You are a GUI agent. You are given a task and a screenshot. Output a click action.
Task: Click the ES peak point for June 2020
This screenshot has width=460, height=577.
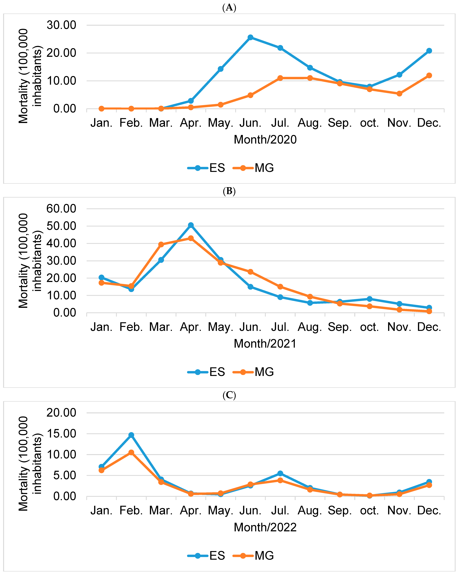point(250,37)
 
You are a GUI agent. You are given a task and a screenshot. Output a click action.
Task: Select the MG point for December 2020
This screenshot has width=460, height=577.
point(429,75)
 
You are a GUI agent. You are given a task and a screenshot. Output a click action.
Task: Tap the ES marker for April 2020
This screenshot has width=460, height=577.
point(191,101)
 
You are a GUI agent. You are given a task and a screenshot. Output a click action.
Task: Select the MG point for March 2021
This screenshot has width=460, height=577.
point(161,244)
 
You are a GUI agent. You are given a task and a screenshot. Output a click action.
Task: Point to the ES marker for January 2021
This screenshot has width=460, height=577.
point(101,278)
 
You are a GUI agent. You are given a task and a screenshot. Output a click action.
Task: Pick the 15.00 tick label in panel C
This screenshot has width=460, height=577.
point(61,434)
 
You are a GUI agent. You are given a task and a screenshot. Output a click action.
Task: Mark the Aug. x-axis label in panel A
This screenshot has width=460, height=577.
point(310,123)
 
